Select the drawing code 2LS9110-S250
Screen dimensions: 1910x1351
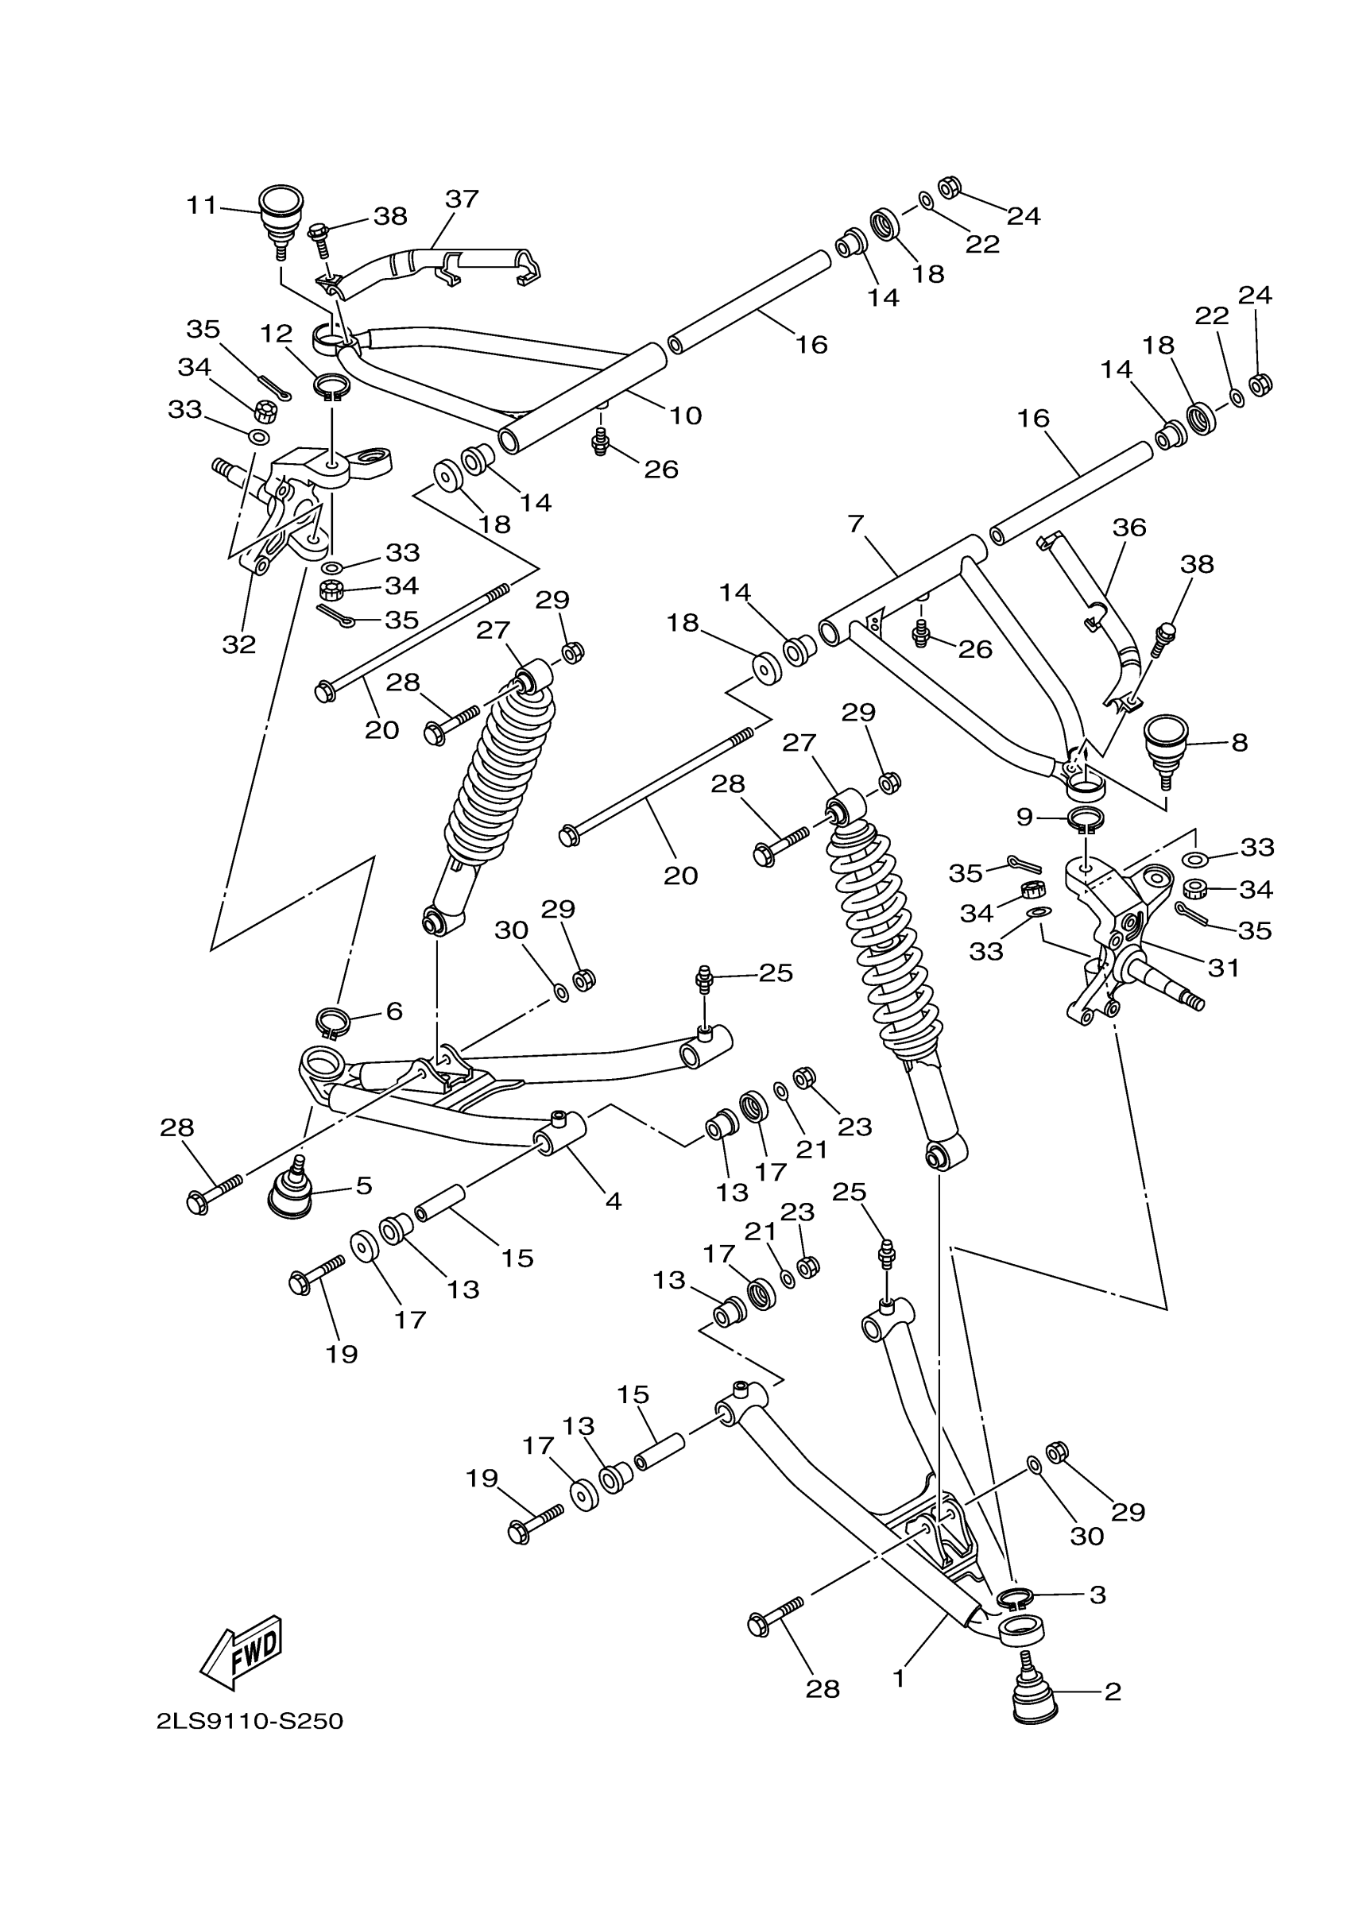250,1720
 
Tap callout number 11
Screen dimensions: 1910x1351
201,205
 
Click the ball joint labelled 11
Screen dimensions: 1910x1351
281,218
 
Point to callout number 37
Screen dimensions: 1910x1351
462,199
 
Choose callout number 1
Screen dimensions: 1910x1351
899,1678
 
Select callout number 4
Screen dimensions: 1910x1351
613,1201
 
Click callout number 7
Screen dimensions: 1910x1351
856,524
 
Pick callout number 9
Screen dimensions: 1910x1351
1025,817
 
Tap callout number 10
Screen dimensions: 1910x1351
686,415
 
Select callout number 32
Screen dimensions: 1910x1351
238,644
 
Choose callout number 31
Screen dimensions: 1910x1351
1223,968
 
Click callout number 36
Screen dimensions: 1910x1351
1129,528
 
